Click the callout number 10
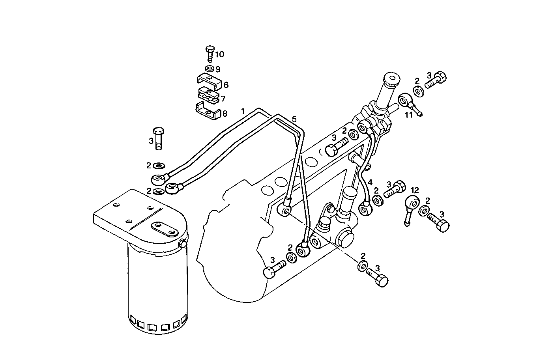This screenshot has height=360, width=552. [x=219, y=54]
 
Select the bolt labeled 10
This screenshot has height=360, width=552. [x=210, y=53]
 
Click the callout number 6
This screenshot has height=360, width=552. [x=226, y=85]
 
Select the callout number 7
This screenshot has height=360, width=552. [x=223, y=99]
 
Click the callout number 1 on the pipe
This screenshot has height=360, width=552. [x=243, y=111]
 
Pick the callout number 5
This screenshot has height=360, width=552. [x=294, y=119]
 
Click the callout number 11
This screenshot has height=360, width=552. [x=409, y=115]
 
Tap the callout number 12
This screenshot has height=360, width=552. [x=415, y=190]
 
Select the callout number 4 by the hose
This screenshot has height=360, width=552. [x=370, y=182]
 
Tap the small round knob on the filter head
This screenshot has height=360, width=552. [x=183, y=244]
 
